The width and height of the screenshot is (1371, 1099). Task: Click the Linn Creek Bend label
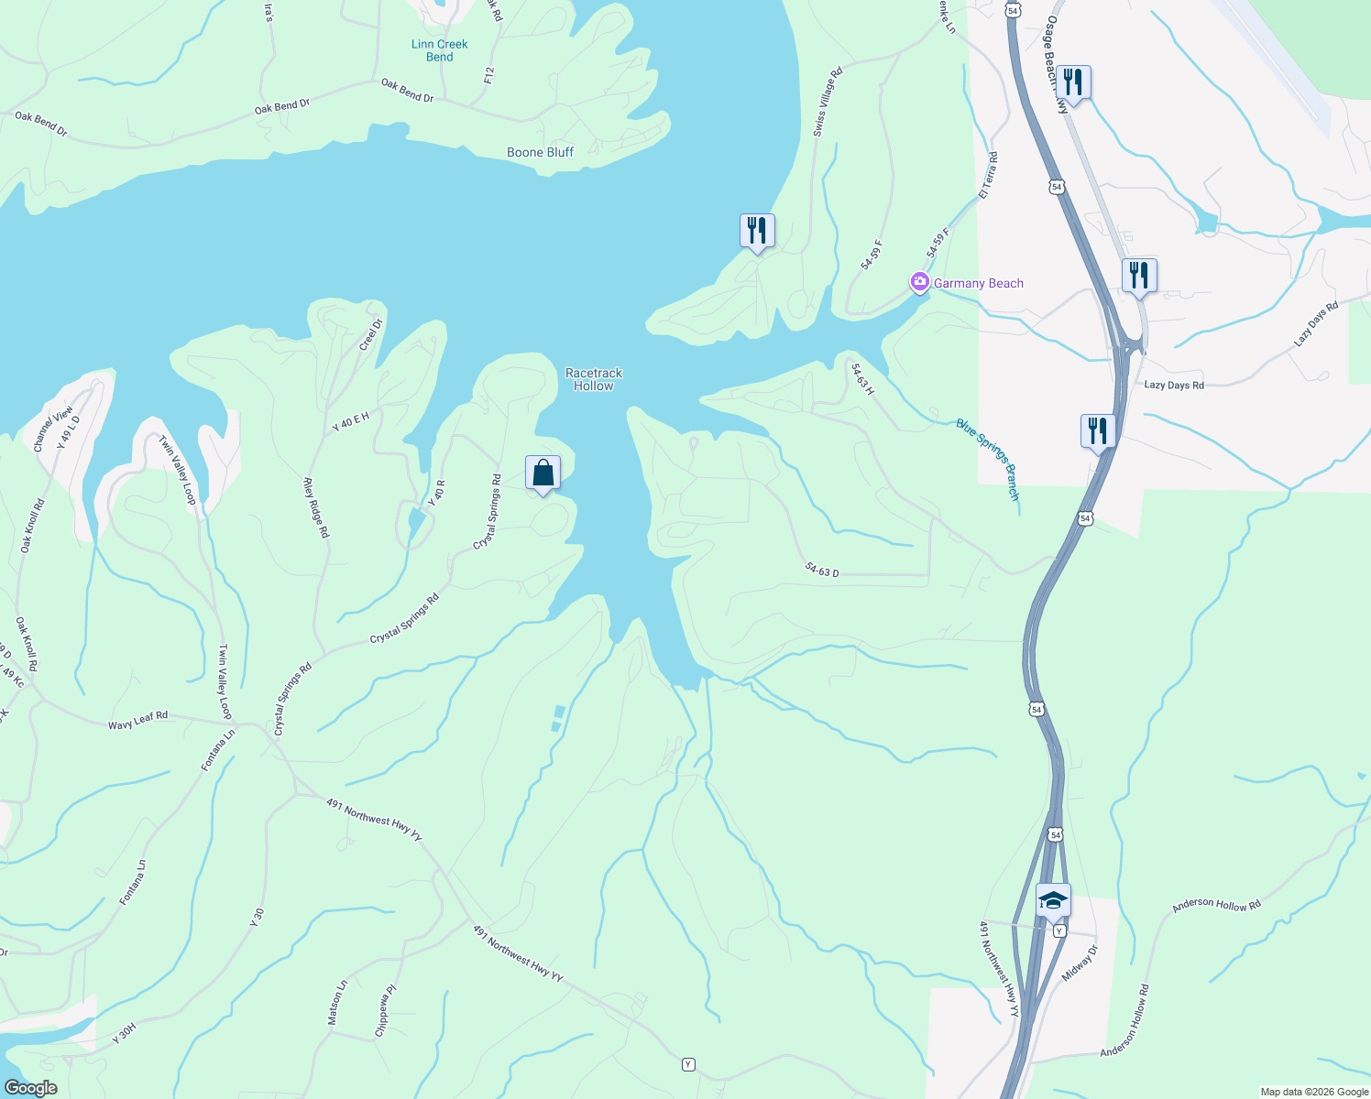[x=439, y=50]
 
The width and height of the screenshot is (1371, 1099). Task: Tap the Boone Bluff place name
[x=540, y=152]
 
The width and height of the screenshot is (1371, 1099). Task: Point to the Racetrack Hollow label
[x=593, y=379]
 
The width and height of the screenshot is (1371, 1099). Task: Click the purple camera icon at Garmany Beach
[x=919, y=282]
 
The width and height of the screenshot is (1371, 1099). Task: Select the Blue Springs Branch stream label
[x=988, y=459]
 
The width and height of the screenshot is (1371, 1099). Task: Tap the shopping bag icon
[x=543, y=473]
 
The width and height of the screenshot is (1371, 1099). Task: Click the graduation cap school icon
[x=1053, y=899]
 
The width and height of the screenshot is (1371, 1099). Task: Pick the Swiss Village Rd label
[x=827, y=102]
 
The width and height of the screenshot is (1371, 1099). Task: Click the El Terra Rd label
[x=988, y=176]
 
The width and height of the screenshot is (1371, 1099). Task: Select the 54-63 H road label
[x=861, y=379]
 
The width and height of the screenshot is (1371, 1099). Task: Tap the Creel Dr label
[x=370, y=334]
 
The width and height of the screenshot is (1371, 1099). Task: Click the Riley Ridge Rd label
[x=315, y=506]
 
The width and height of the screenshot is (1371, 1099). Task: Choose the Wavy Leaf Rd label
[x=137, y=720]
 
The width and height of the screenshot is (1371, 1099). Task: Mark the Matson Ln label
[x=338, y=1002]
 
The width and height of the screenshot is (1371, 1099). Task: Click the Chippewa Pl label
[x=386, y=1010]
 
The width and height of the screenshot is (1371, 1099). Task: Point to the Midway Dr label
[x=1079, y=963]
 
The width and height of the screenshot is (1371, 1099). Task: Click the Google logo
[x=30, y=1088]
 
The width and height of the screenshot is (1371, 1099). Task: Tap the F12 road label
[x=489, y=75]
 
